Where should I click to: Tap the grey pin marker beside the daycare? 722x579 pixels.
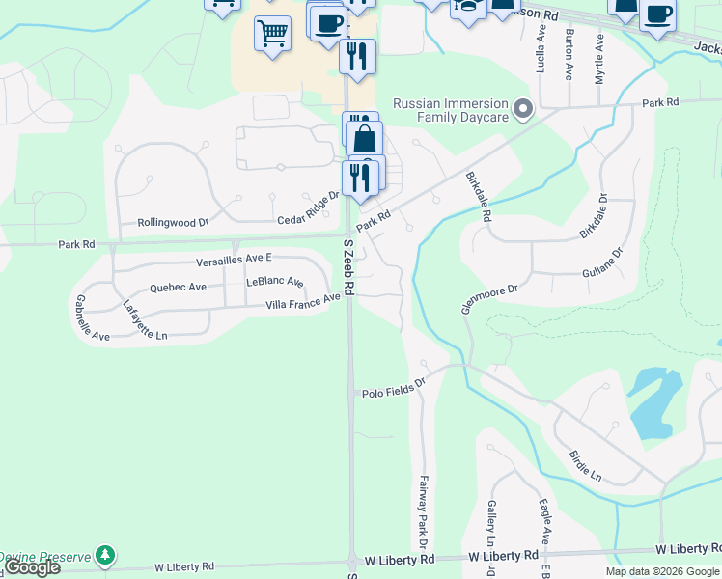[x=523, y=109]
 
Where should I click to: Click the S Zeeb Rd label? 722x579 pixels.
[x=348, y=269]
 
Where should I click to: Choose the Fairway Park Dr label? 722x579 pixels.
[x=424, y=504]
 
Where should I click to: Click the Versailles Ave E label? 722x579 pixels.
[x=235, y=259]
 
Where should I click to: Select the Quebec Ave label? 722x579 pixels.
[x=178, y=288]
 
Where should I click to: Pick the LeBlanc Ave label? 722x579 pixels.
[x=275, y=282]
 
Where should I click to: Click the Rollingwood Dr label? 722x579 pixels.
[x=173, y=222]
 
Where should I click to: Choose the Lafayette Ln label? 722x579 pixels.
[x=145, y=320]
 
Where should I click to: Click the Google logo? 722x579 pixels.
[x=33, y=567]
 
